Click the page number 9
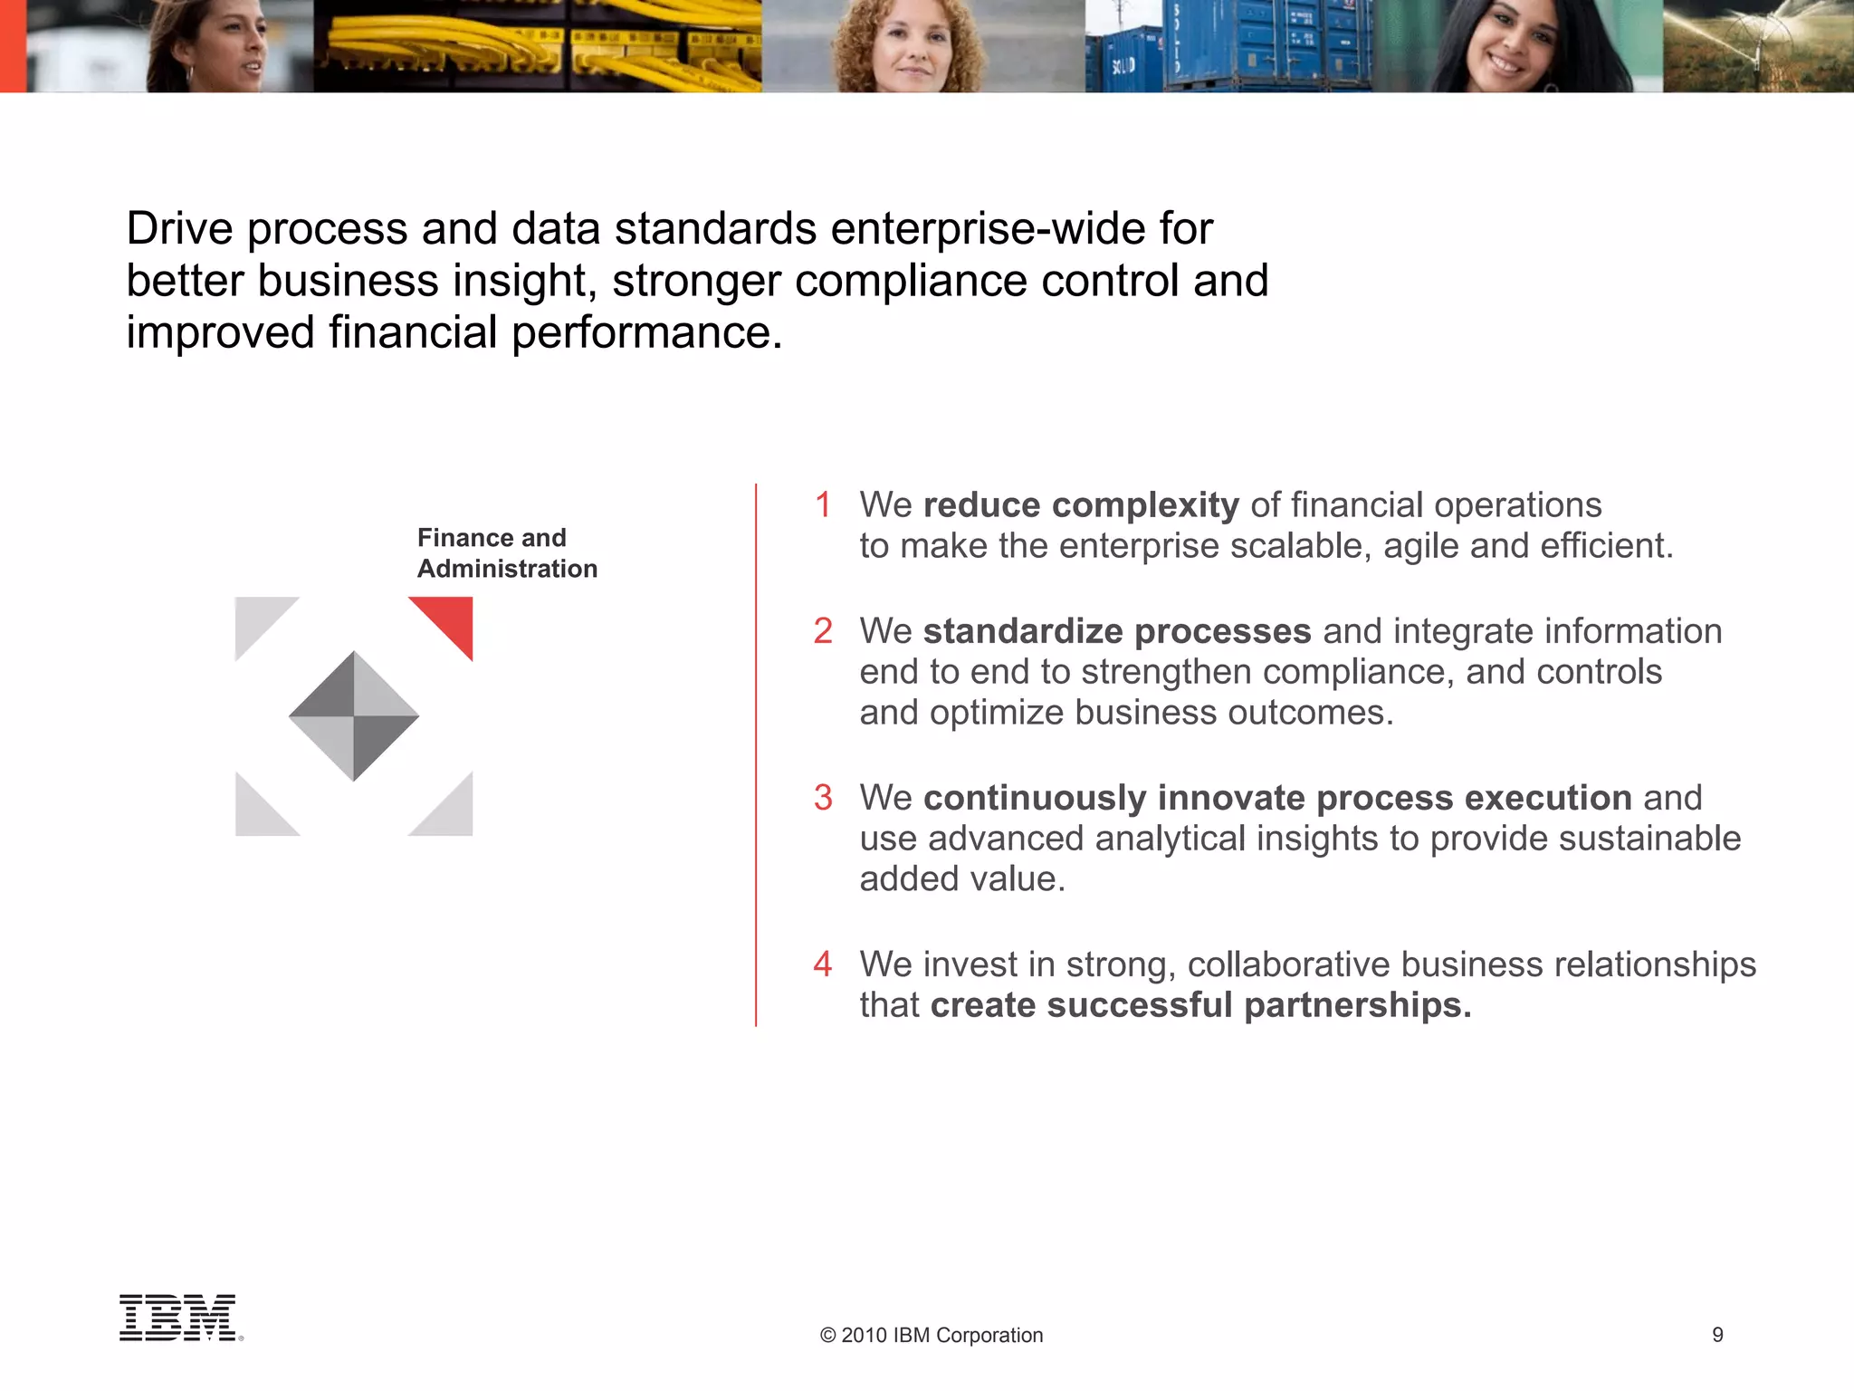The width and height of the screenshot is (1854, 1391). coord(1717,1334)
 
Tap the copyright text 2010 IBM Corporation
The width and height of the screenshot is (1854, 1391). coord(932,1335)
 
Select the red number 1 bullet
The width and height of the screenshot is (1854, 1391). coord(823,505)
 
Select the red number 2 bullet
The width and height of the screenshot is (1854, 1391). coord(823,631)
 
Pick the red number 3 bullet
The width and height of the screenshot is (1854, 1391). coord(823,798)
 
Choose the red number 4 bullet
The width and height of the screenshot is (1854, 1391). coord(823,964)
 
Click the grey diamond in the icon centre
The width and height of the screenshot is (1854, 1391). coord(354,716)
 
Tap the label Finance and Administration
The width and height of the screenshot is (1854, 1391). coord(507,553)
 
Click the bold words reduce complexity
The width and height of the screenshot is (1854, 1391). coord(1081,505)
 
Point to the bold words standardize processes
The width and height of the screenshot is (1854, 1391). coord(1117,631)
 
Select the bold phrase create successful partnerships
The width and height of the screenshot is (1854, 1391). coord(1200,1005)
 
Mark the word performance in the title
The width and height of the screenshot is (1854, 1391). coord(646,332)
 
